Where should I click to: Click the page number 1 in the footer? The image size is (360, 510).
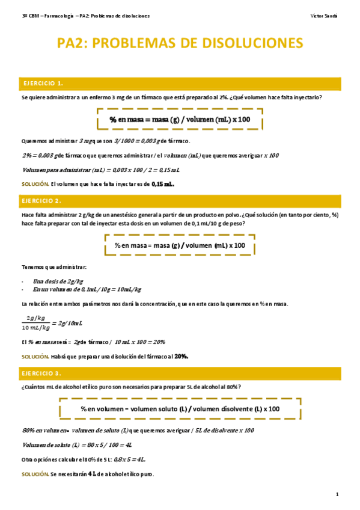point(337,494)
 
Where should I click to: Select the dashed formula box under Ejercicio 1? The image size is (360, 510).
point(180,120)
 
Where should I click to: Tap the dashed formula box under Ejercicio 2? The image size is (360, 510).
point(180,245)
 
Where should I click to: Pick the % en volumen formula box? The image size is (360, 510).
point(180,409)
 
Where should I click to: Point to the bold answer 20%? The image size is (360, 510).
point(182,356)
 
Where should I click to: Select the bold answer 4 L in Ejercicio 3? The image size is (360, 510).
point(93,474)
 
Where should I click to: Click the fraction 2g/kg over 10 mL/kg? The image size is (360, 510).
point(35,322)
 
